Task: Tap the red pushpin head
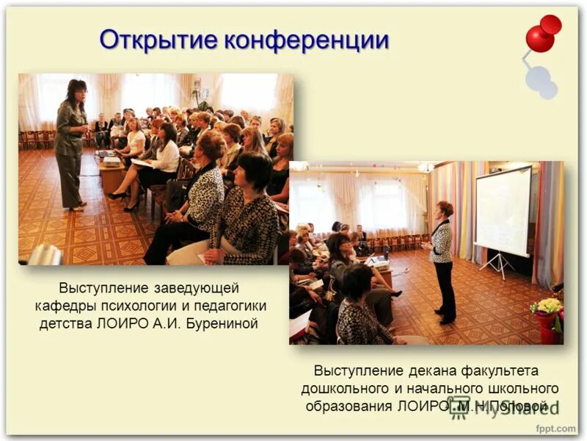click(x=542, y=35)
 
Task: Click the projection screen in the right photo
click(x=503, y=212)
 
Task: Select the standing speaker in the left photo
click(x=71, y=143)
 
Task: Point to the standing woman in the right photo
click(x=442, y=261)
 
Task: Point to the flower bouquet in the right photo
click(x=547, y=306)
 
